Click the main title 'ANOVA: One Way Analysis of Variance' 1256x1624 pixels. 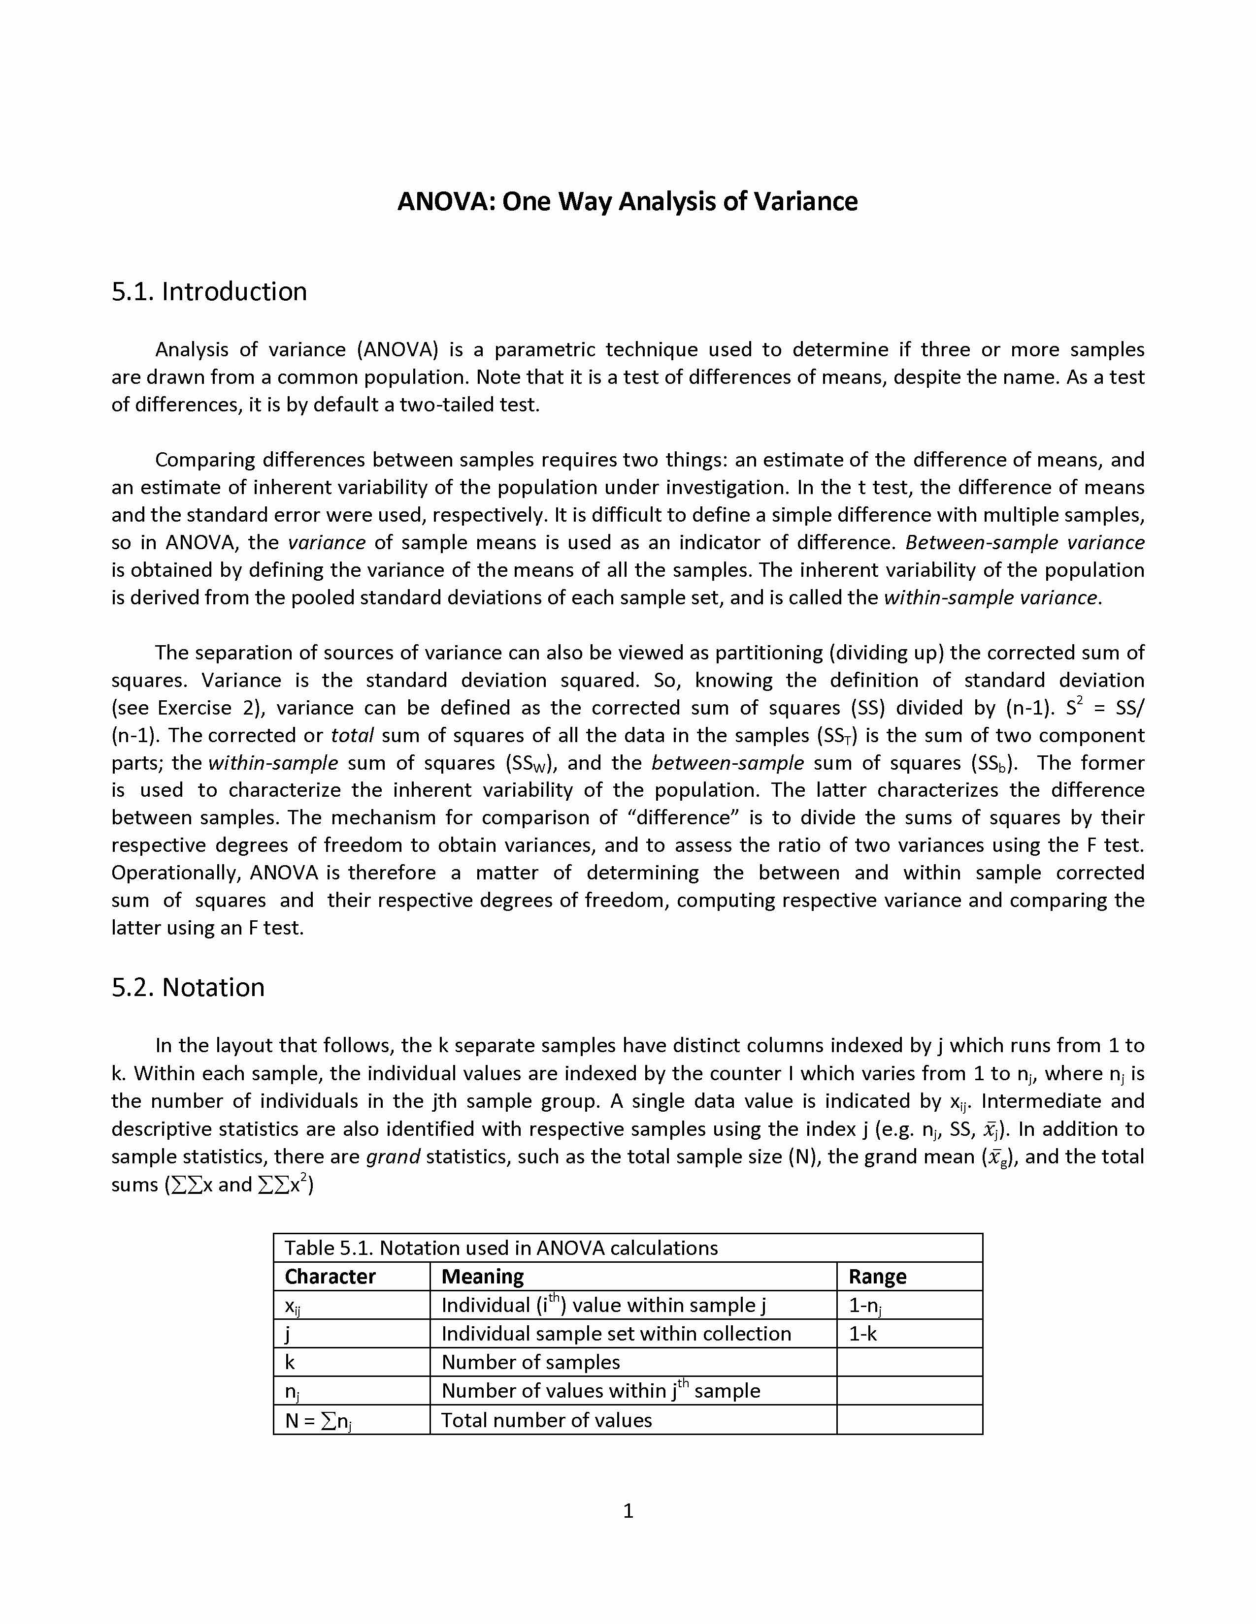click(x=627, y=201)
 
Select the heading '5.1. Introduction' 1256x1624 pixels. click(x=209, y=291)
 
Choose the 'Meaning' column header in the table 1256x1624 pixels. click(x=482, y=1277)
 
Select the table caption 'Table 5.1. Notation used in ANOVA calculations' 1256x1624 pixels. click(x=501, y=1248)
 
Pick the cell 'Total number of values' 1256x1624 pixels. click(x=546, y=1420)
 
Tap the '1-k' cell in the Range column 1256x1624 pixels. click(x=863, y=1334)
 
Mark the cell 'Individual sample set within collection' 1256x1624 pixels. click(x=616, y=1334)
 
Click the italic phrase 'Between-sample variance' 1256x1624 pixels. click(x=1025, y=543)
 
